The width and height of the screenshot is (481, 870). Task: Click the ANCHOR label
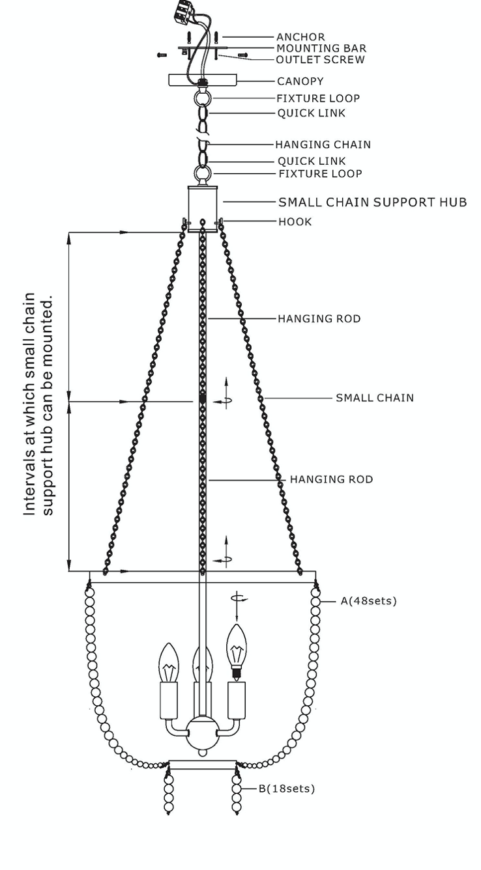300,37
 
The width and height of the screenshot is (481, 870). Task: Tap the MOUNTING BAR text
321,49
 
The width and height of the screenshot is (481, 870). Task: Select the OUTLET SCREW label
320,60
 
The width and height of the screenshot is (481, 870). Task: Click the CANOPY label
300,81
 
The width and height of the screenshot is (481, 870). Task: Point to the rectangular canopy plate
203,79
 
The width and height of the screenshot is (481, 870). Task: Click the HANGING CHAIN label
323,145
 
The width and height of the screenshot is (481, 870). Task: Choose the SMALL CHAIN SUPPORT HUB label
373,203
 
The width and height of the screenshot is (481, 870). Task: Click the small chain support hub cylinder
203,209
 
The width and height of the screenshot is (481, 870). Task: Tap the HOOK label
295,222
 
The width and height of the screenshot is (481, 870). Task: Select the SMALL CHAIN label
375,398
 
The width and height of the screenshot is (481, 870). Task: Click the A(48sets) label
369,601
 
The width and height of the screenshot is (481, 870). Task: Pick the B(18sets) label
287,789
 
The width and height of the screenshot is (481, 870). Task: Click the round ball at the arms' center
202,733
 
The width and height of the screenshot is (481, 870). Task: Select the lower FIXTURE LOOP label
321,174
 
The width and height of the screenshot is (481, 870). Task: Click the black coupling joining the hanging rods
202,399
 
